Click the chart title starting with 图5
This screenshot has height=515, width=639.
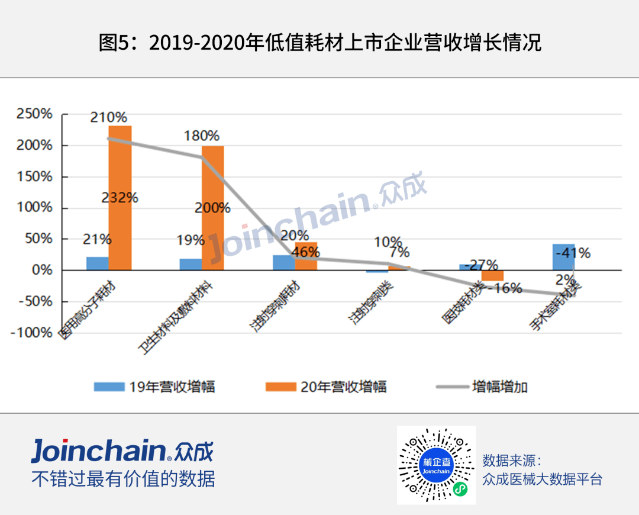[319, 43]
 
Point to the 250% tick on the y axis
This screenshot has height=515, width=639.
[35, 114]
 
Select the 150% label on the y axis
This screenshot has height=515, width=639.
[35, 176]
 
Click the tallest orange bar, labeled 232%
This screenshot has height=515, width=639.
[120, 198]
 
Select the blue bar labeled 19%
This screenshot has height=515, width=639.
[191, 264]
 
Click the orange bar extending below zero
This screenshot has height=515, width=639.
[492, 275]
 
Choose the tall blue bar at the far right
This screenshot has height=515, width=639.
[563, 257]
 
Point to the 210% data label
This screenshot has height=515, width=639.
[108, 117]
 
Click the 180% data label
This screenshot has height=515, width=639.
[201, 136]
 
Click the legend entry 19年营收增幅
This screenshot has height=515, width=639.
[154, 387]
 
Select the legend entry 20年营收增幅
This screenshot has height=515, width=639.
[326, 387]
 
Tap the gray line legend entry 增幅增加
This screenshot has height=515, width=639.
[482, 387]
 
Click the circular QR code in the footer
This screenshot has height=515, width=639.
[436, 465]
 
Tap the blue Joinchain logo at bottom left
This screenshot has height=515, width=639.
[121, 452]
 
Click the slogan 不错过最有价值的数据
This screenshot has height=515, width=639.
[123, 479]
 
